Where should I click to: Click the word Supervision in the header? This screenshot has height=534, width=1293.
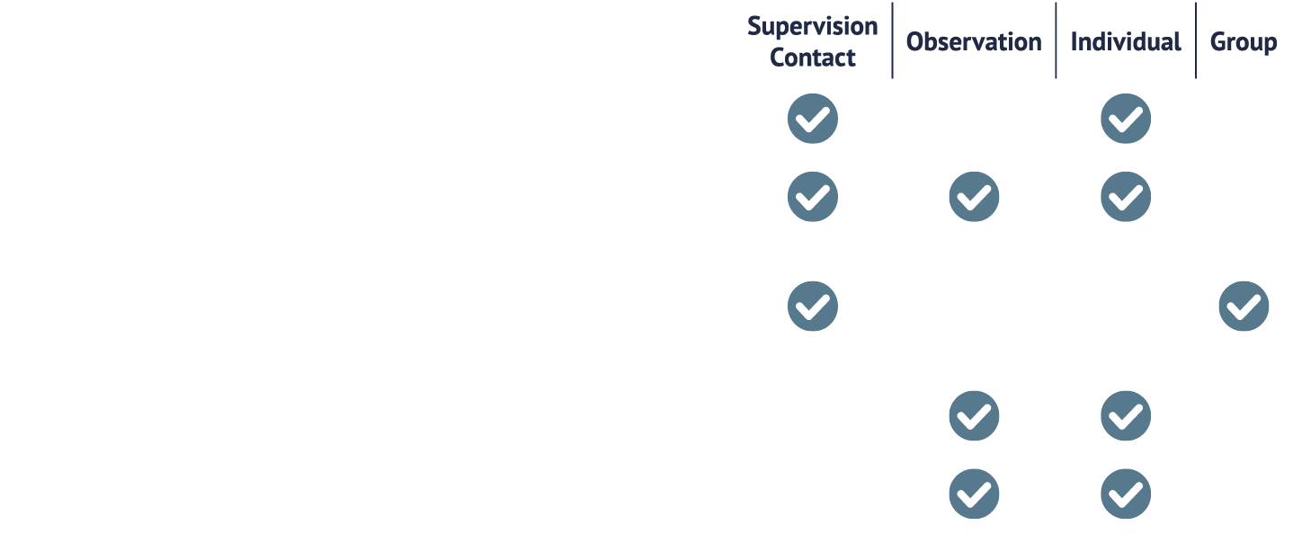tap(812, 27)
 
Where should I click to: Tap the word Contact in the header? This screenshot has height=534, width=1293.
tap(812, 58)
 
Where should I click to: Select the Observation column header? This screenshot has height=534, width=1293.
tap(974, 42)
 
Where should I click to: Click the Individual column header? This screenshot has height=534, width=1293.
tap(1126, 42)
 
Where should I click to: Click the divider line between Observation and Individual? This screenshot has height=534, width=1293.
tap(1056, 40)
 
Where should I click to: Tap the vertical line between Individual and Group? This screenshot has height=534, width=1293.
tap(1196, 40)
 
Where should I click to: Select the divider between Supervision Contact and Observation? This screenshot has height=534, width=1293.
tap(892, 40)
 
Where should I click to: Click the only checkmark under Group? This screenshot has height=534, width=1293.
tap(1244, 306)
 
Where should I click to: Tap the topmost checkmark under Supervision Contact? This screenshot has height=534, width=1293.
tap(813, 119)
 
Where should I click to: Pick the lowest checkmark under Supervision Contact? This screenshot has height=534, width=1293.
tap(813, 306)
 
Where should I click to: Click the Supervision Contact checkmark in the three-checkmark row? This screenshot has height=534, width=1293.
tap(813, 196)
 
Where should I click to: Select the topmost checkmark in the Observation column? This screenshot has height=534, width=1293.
tap(974, 196)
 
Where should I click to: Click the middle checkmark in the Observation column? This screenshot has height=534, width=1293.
tap(974, 415)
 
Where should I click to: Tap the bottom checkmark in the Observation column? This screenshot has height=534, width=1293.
tap(974, 494)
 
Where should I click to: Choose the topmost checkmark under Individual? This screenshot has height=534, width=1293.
tap(1126, 119)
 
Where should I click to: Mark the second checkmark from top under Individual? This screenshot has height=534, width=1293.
tap(1126, 196)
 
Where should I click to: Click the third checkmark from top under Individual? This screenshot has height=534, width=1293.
tap(1126, 415)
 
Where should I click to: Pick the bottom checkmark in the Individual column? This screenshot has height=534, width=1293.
tap(1126, 494)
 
